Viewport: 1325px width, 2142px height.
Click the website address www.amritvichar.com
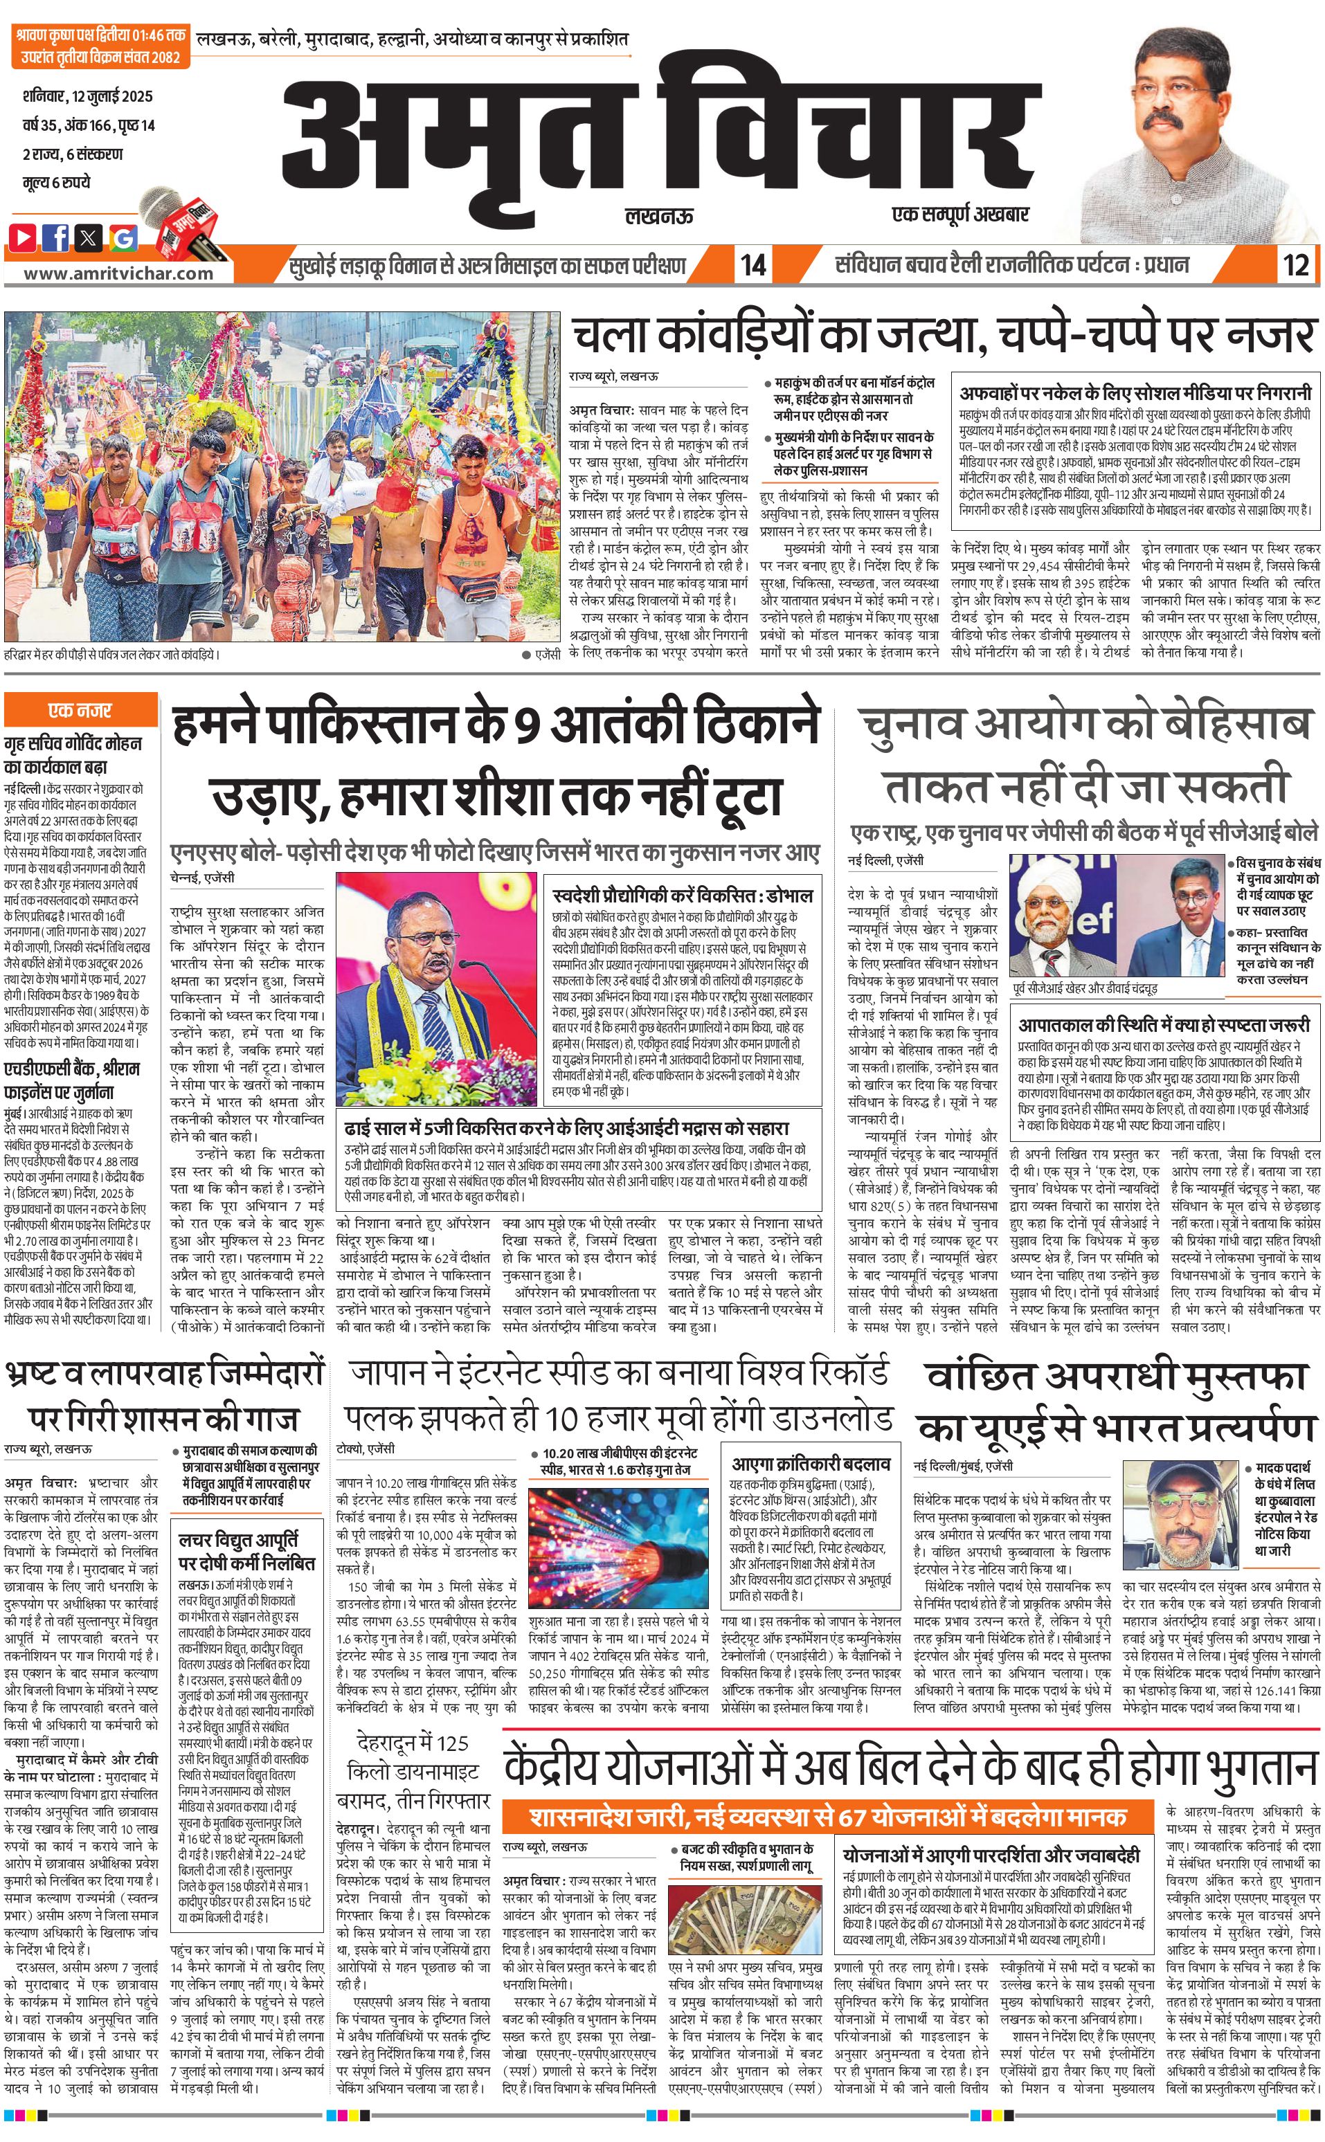pyautogui.click(x=118, y=273)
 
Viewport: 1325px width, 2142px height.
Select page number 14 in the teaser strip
pyautogui.click(x=752, y=264)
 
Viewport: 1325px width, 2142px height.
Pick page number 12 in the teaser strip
pyautogui.click(x=1295, y=264)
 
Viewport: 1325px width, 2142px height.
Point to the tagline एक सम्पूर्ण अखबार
pyautogui.click(x=959, y=213)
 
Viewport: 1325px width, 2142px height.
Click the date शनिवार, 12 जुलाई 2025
pyautogui.click(x=88, y=96)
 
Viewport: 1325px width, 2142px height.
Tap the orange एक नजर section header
pyautogui.click(x=80, y=709)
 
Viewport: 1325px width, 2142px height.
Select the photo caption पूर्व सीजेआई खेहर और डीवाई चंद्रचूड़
pyautogui.click(x=1084, y=988)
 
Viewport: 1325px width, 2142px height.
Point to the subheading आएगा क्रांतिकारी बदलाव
pyautogui.click(x=811, y=1463)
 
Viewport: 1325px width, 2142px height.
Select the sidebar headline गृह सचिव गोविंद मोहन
pyautogui.click(x=73, y=744)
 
